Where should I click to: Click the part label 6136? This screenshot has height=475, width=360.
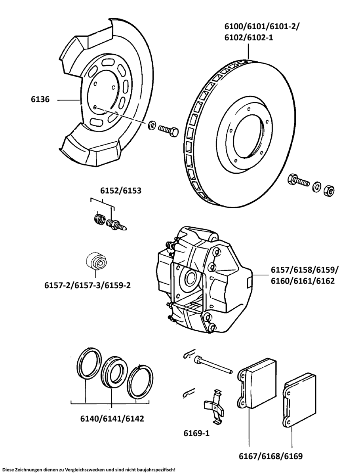pos(40,100)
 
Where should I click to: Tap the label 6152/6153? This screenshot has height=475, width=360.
pos(120,190)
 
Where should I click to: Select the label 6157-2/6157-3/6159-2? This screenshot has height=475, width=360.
pos(88,285)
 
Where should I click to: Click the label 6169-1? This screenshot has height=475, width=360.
pos(196,433)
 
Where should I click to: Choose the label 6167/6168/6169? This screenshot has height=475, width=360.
pos(271,456)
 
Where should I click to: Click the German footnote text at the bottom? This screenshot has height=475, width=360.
pos(89,469)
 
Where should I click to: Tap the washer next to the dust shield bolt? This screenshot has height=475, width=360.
pos(151,126)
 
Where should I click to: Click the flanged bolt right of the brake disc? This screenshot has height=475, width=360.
pos(298,180)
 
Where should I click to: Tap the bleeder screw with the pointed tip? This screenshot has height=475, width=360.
pos(116,224)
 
